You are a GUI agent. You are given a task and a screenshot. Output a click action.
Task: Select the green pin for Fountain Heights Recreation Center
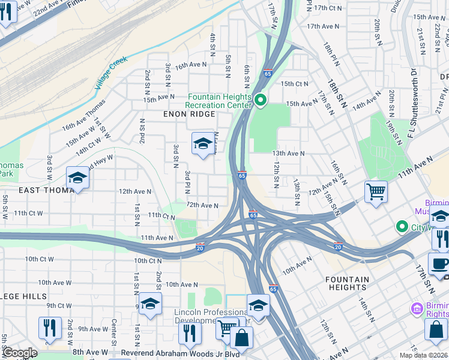(260, 100)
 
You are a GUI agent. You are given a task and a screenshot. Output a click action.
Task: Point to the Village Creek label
(110, 73)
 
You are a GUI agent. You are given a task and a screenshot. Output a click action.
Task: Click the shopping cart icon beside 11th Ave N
(376, 193)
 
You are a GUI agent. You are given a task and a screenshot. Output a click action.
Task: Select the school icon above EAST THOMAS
(77, 178)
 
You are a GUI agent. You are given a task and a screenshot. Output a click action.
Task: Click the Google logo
(19, 353)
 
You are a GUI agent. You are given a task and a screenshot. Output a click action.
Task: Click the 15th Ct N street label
(294, 84)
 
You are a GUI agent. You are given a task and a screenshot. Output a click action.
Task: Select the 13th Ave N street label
(288, 154)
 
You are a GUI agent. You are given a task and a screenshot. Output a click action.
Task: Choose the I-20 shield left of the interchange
(200, 247)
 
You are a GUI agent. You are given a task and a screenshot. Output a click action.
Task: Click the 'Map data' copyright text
(423, 355)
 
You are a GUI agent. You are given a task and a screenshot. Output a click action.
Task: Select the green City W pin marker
(402, 227)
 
